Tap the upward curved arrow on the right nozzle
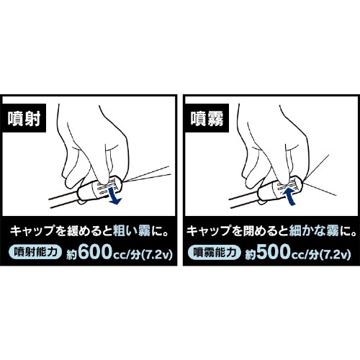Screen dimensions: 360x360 pyautogui.click(x=290, y=192)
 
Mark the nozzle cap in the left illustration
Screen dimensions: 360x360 pyautogui.click(x=104, y=190)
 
